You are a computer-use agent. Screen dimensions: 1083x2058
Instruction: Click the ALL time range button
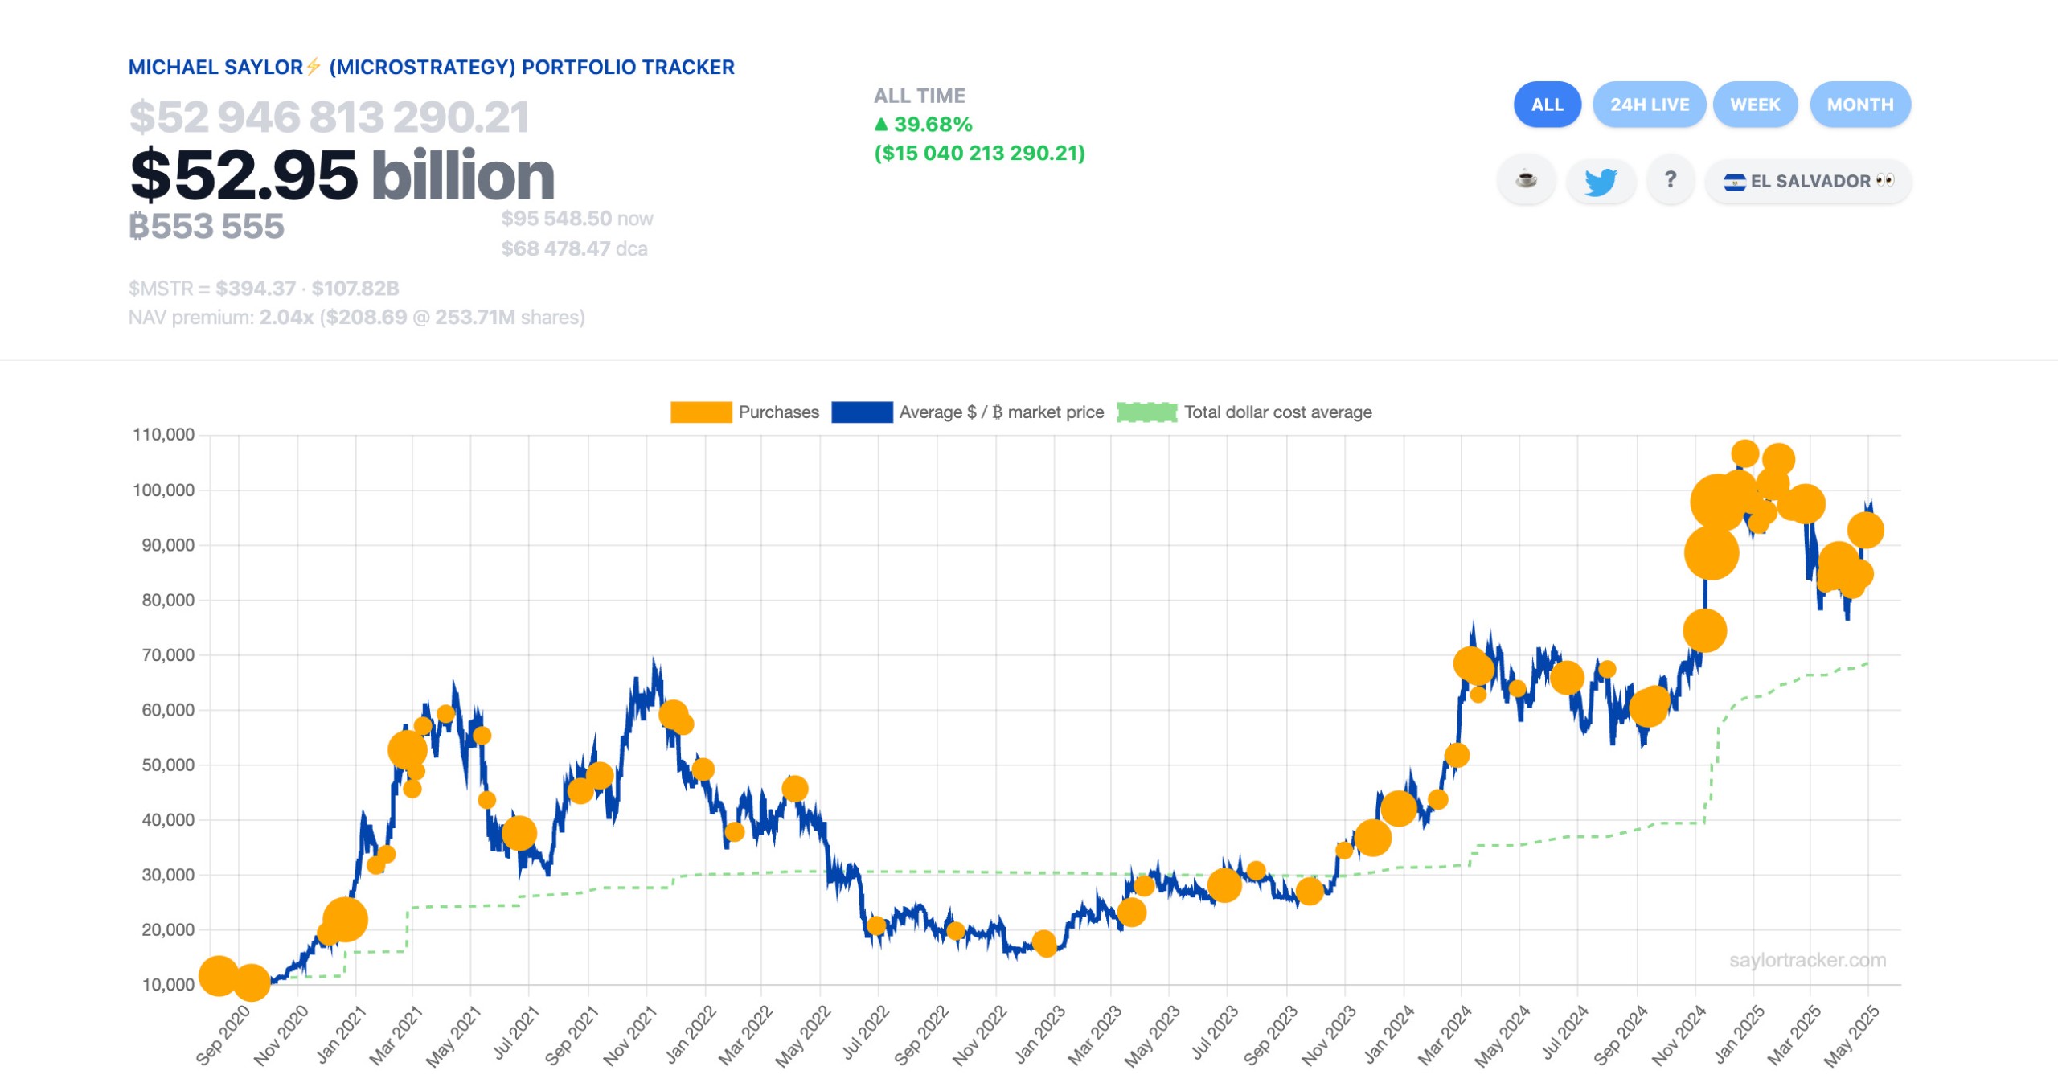1546,105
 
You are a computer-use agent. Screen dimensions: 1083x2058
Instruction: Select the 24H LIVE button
1649,105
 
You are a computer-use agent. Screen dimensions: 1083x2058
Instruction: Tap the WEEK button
1754,105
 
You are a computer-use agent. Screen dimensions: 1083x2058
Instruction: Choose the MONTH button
1859,105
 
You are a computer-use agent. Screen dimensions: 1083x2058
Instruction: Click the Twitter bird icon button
1600,181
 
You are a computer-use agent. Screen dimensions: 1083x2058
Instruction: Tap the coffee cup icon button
1525,179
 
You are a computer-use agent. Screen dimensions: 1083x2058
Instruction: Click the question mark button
1670,179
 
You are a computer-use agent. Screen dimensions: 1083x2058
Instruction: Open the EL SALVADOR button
1808,181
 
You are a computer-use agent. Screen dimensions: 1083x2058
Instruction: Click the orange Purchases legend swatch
700,412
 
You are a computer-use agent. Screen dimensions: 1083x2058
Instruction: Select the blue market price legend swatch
862,412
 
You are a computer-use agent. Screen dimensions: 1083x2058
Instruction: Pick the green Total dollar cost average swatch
1146,412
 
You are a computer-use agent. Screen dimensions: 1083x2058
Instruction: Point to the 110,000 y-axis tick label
164,435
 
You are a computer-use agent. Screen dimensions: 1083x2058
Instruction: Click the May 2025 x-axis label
1851,1036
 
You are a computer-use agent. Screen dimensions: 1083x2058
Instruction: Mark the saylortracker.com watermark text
1807,960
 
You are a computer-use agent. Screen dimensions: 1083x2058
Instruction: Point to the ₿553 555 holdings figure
207,227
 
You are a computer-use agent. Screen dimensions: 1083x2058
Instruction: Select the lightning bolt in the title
314,67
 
